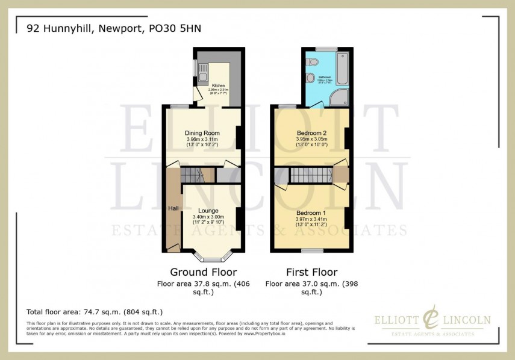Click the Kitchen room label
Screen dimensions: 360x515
(217, 86)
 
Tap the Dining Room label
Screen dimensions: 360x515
(202, 133)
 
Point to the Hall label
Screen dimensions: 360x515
(173, 208)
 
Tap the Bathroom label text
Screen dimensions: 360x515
(325, 77)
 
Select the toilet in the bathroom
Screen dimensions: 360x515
(311, 78)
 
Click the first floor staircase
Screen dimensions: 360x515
(310, 175)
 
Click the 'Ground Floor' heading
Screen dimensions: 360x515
(203, 272)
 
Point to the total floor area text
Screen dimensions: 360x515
(95, 312)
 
